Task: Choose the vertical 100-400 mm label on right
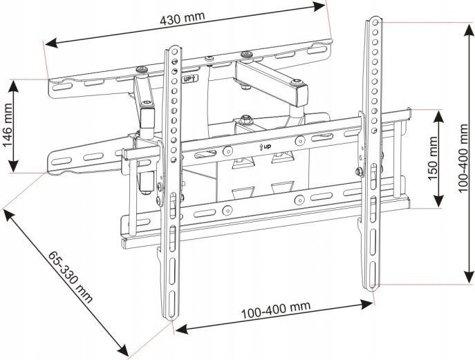(465, 153)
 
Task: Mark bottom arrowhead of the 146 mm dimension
(14, 170)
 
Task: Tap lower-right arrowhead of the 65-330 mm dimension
(124, 350)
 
